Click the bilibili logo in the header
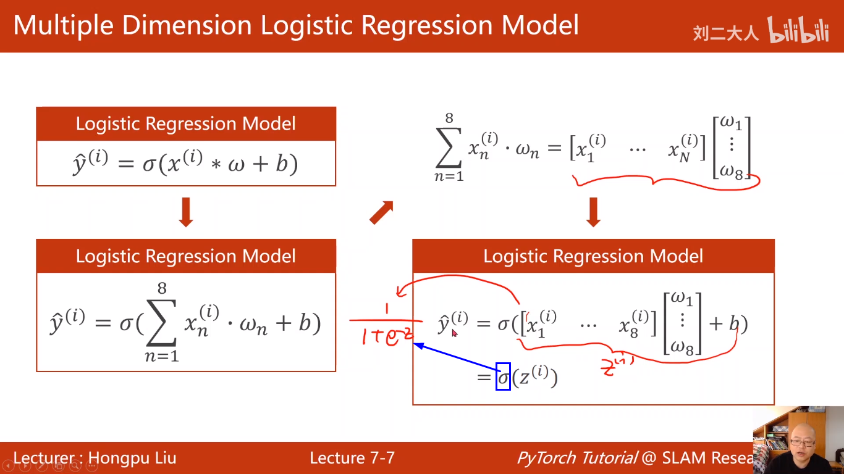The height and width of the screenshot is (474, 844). [x=798, y=31]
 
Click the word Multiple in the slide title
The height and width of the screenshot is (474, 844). [x=62, y=26]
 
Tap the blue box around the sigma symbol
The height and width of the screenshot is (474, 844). [x=503, y=376]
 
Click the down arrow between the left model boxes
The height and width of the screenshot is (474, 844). [x=185, y=212]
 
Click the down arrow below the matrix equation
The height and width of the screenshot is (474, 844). [x=593, y=212]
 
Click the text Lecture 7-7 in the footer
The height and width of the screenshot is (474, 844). [x=352, y=458]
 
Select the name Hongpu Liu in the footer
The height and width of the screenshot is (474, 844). [x=132, y=458]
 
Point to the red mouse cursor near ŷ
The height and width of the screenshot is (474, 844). [x=455, y=333]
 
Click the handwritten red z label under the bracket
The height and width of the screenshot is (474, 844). [x=615, y=368]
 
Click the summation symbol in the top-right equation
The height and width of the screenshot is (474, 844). [x=449, y=150]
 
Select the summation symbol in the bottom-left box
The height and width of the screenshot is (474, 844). [x=161, y=325]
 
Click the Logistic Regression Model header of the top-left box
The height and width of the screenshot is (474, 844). [x=185, y=123]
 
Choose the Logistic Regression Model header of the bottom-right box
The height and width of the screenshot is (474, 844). [x=593, y=256]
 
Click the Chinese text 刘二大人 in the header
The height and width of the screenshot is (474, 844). [x=725, y=33]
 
